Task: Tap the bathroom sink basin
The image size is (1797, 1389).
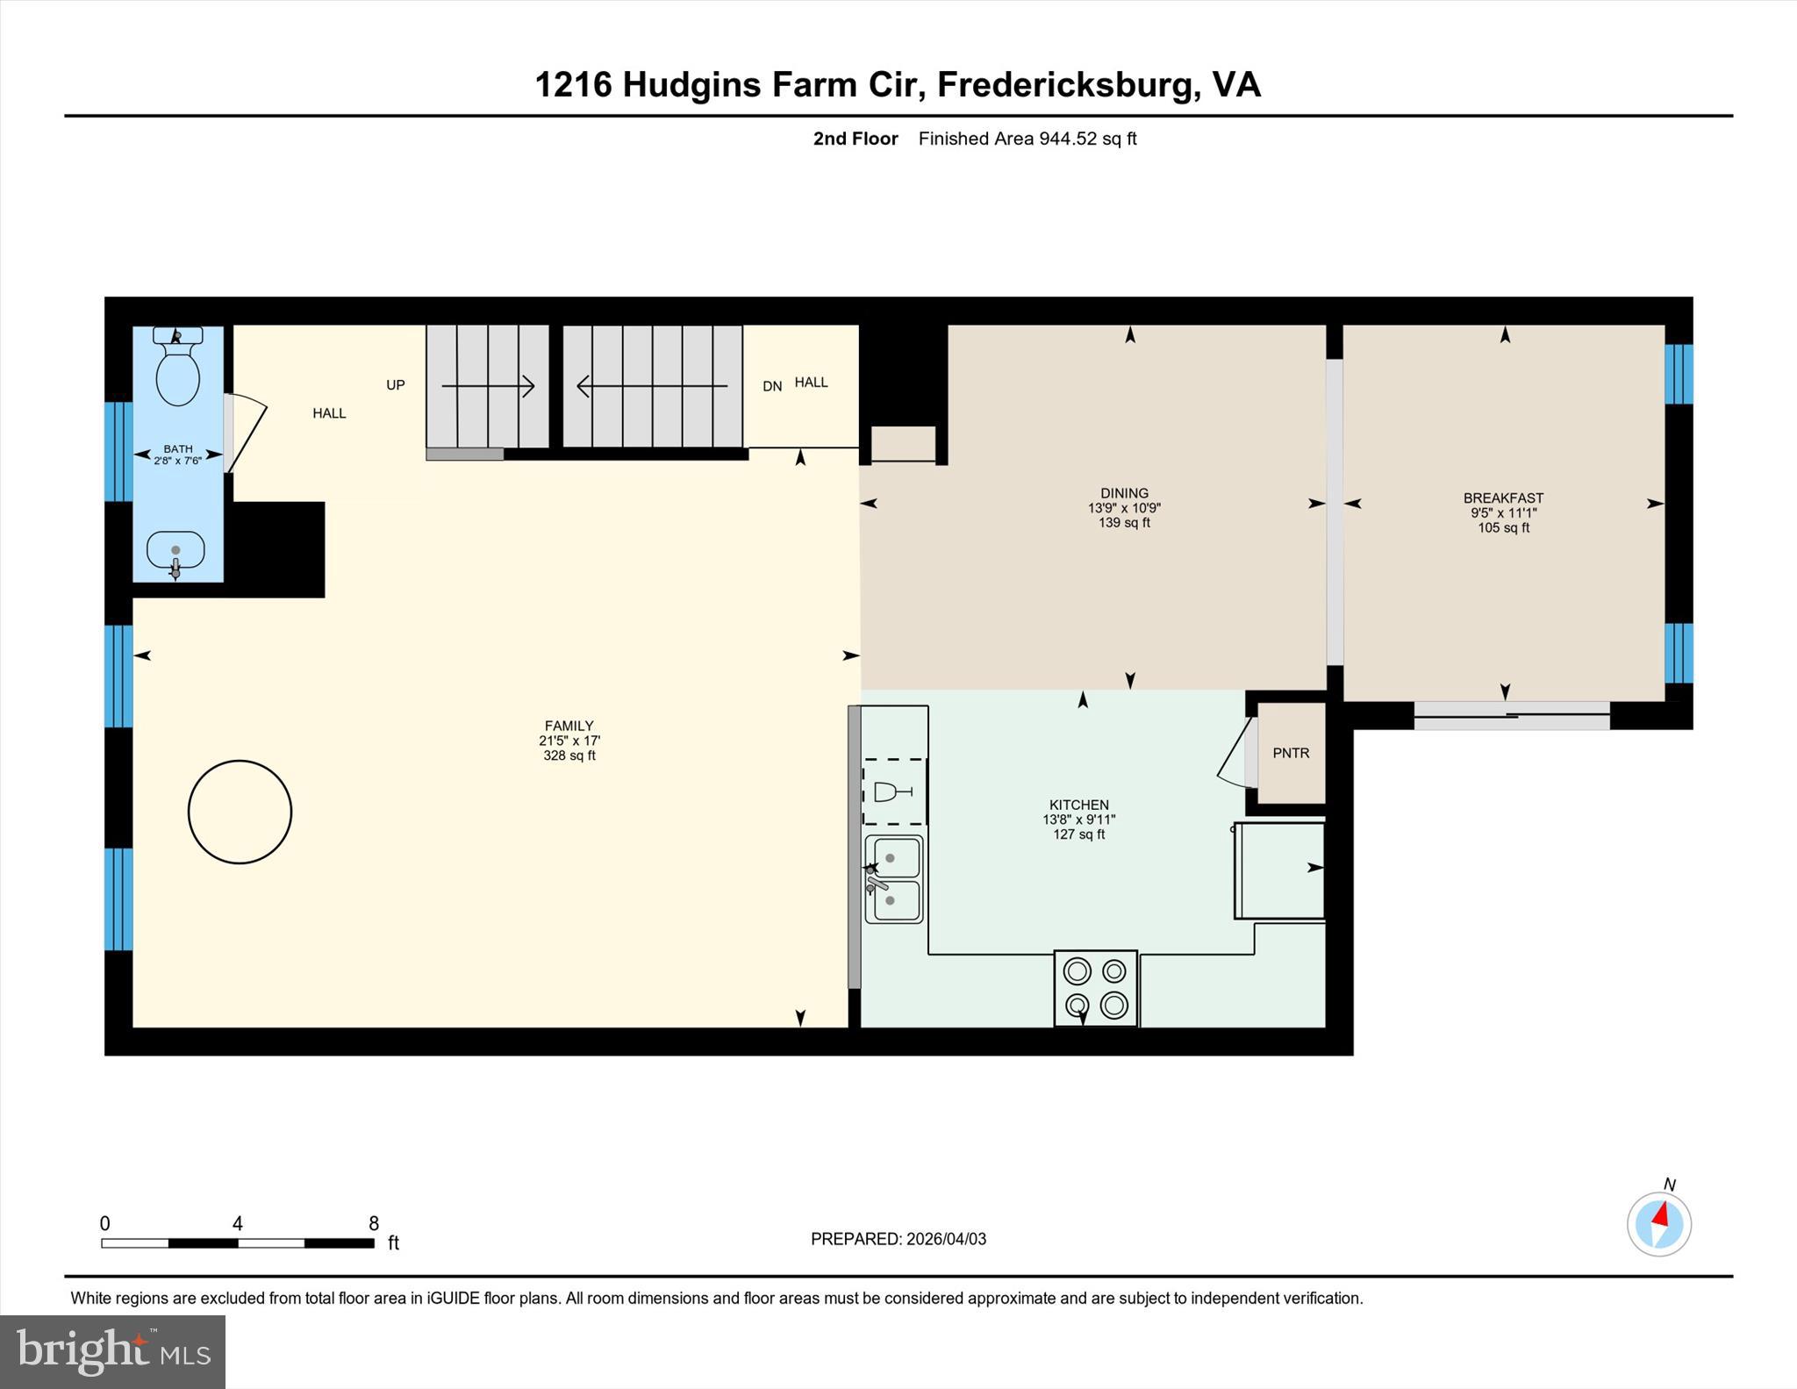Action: [x=175, y=552]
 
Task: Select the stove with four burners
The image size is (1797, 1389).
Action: [x=1095, y=987]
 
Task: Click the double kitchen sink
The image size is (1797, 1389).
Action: [x=894, y=879]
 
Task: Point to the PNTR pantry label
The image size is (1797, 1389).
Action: [x=1291, y=753]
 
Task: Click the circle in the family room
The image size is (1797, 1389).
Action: [x=240, y=812]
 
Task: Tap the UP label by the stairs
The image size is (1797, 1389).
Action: [x=396, y=385]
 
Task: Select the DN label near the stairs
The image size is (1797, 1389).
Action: [x=772, y=386]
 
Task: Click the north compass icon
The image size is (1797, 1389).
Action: [x=1658, y=1223]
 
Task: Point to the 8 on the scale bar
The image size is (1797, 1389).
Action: [x=374, y=1223]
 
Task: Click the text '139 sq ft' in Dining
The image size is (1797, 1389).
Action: [x=1124, y=523]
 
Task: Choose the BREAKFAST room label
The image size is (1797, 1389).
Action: [x=1503, y=498]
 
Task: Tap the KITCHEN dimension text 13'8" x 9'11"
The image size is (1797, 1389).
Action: [x=1078, y=820]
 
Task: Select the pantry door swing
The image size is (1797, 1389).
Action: [x=1235, y=753]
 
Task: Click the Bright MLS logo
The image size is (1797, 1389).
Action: [x=112, y=1351]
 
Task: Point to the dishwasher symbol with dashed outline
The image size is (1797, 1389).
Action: [x=894, y=792]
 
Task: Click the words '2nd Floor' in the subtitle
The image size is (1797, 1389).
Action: [x=856, y=139]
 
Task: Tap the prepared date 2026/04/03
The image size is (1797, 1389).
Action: [x=945, y=1239]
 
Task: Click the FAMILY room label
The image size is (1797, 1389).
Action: [x=569, y=726]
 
